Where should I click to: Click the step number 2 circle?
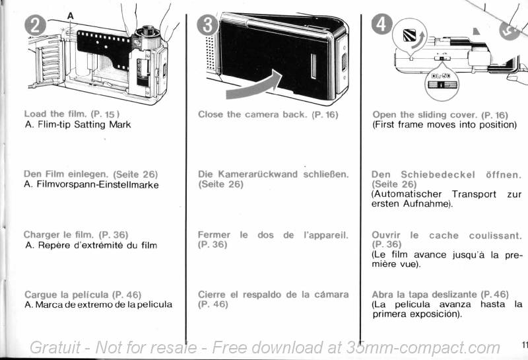pos(35,26)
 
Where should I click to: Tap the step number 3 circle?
pos(207,25)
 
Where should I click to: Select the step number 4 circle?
pos(381,24)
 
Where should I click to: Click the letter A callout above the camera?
pos(70,16)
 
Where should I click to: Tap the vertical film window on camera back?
pos(313,66)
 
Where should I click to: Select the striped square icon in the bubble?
pos(409,35)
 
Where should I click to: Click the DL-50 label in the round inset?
pos(441,75)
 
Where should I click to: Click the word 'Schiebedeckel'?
pos(438,175)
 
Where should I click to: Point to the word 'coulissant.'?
pos(496,236)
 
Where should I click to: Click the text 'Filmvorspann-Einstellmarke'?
pos(98,185)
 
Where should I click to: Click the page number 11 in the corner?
pos(524,345)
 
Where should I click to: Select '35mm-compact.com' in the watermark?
pos(423,348)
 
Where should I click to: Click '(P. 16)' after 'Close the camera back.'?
pos(325,115)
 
